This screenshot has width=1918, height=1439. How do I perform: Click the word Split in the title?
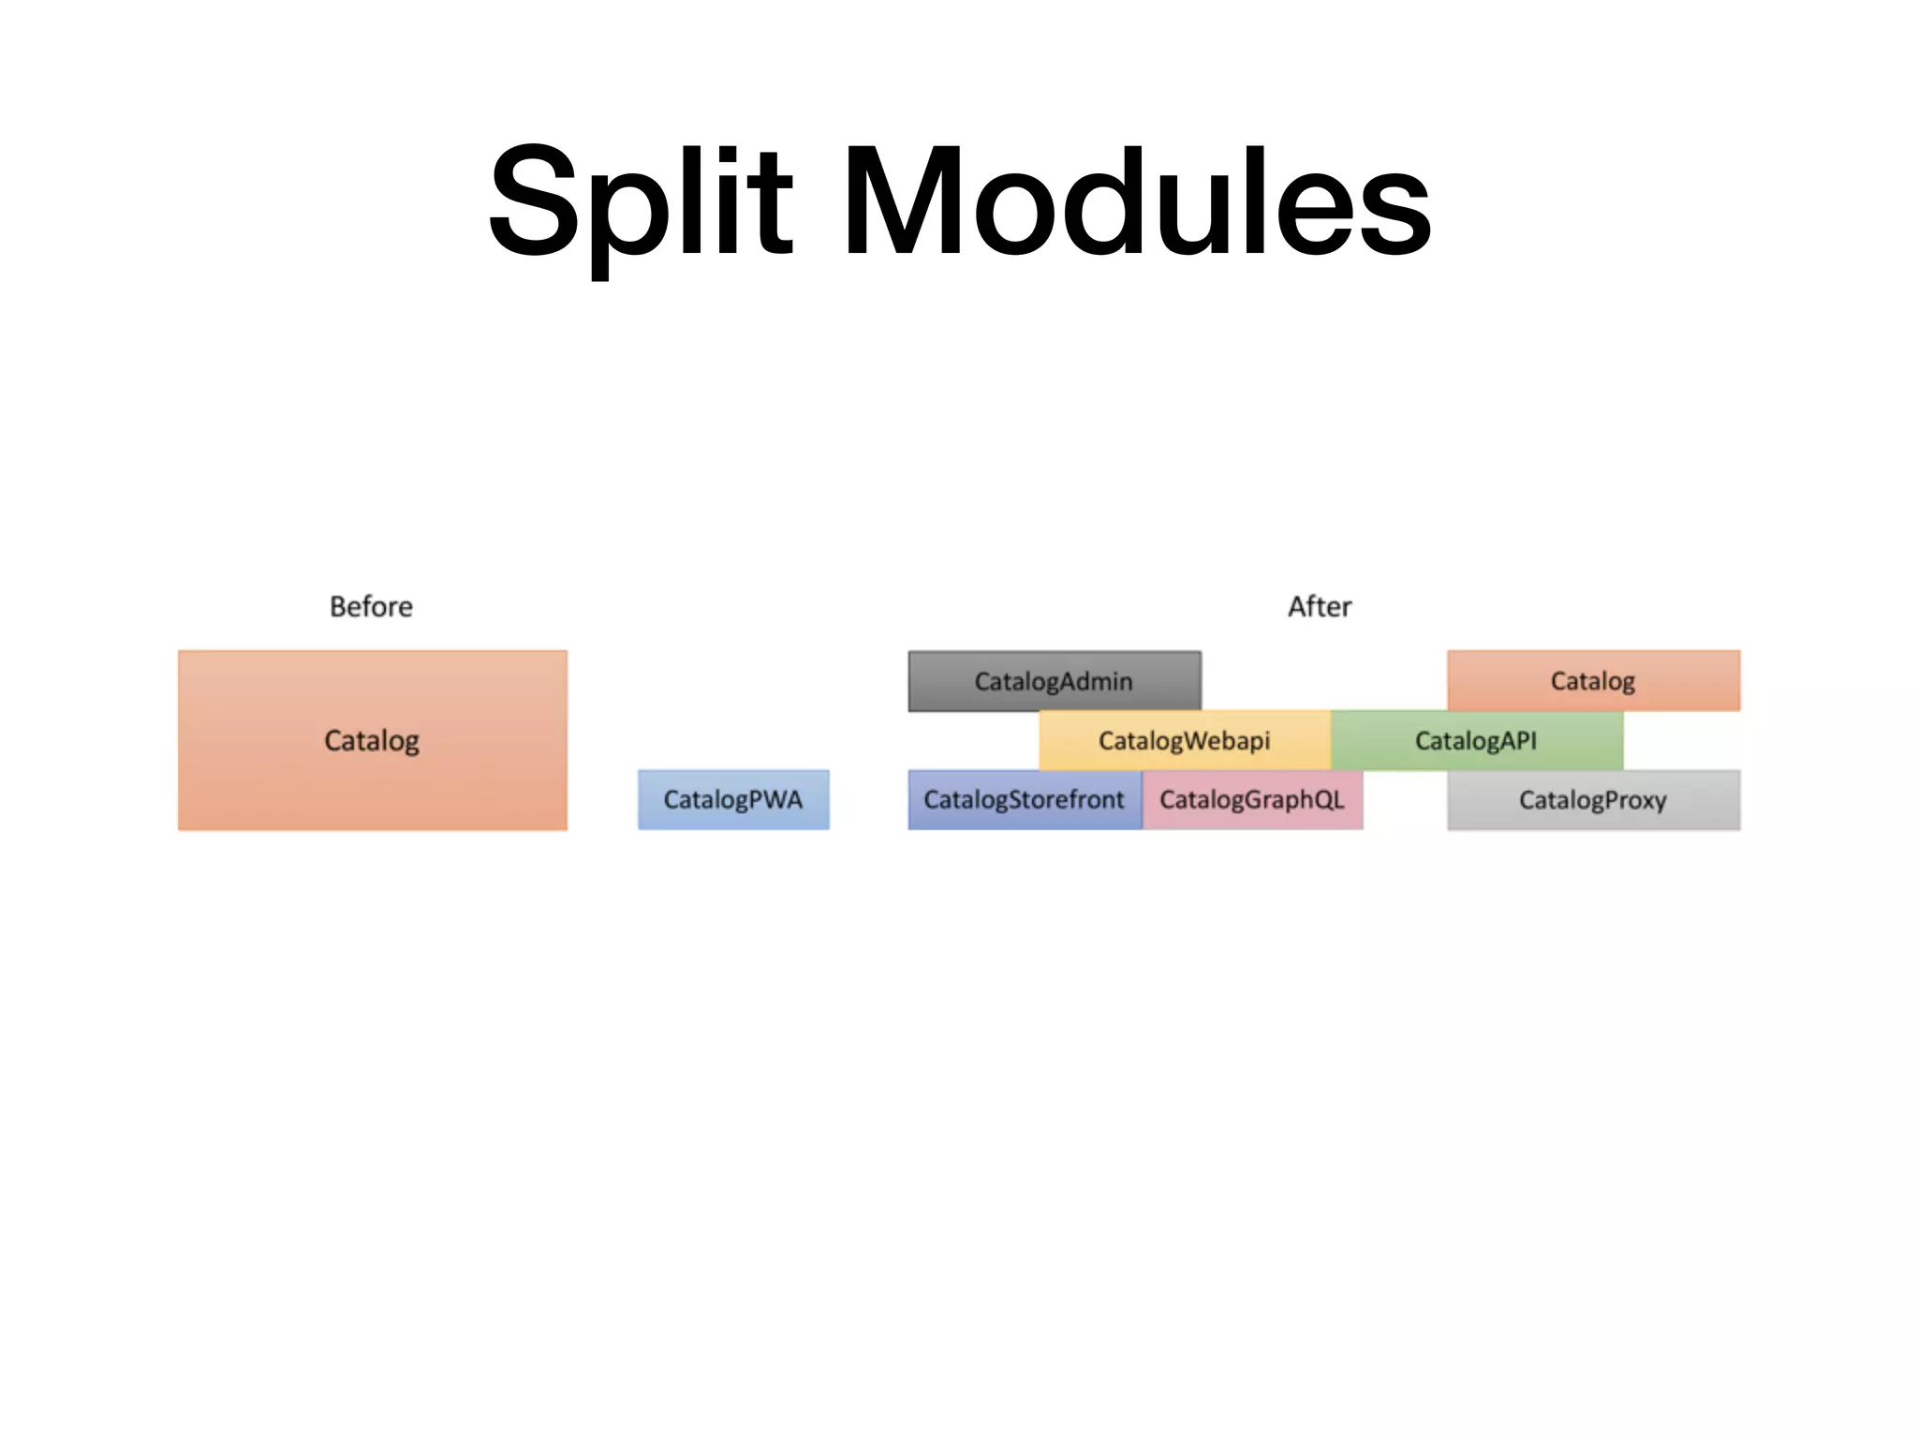[642, 201]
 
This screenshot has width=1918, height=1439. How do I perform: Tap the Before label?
[371, 607]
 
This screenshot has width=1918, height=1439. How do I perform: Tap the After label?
[1320, 607]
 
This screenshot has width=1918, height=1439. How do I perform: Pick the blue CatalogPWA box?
[733, 799]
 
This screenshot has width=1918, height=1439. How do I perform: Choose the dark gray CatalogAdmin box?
[1054, 681]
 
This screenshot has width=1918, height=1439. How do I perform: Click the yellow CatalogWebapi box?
[1184, 740]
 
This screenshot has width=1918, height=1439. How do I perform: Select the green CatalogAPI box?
[1476, 740]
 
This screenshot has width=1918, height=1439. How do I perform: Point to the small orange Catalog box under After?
[1593, 681]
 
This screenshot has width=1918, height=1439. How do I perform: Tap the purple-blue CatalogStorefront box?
[1024, 799]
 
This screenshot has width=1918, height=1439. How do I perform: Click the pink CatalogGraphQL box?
[1252, 799]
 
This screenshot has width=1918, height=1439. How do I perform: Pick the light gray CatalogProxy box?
[1593, 799]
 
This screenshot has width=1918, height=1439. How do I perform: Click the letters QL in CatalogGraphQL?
[1328, 799]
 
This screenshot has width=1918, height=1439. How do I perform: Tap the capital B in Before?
[338, 607]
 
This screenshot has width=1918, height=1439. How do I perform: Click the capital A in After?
[1298, 607]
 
